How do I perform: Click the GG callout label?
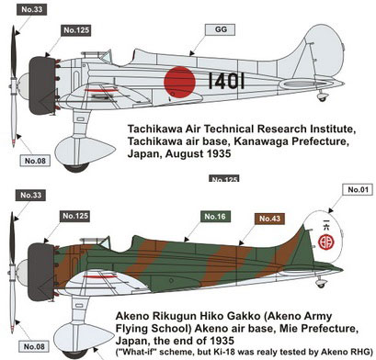tap(220, 28)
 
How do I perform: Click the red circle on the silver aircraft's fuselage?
tap(182, 80)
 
